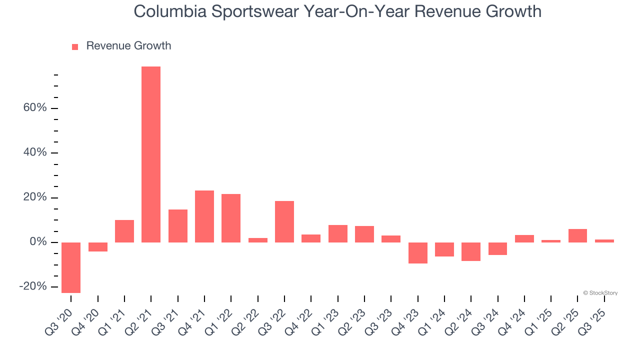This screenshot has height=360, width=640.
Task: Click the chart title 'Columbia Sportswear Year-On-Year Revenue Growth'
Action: (x=337, y=11)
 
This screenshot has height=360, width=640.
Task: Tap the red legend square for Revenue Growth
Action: (x=75, y=46)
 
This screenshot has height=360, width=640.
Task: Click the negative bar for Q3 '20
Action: (x=71, y=267)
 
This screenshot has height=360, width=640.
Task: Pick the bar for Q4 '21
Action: (x=204, y=216)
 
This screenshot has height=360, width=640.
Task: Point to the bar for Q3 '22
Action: (x=284, y=221)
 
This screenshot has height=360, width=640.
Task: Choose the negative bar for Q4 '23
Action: (x=418, y=253)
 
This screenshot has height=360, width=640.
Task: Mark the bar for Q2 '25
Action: (x=577, y=235)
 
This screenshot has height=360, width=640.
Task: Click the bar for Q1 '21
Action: (x=124, y=231)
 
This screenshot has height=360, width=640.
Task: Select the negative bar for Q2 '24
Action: (x=471, y=251)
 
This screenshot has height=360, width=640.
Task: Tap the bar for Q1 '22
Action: (x=231, y=218)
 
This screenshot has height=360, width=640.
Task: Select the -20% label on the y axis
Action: (x=33, y=286)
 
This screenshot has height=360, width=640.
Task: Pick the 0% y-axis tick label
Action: (x=38, y=242)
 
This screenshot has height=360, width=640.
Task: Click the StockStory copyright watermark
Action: (x=600, y=293)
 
